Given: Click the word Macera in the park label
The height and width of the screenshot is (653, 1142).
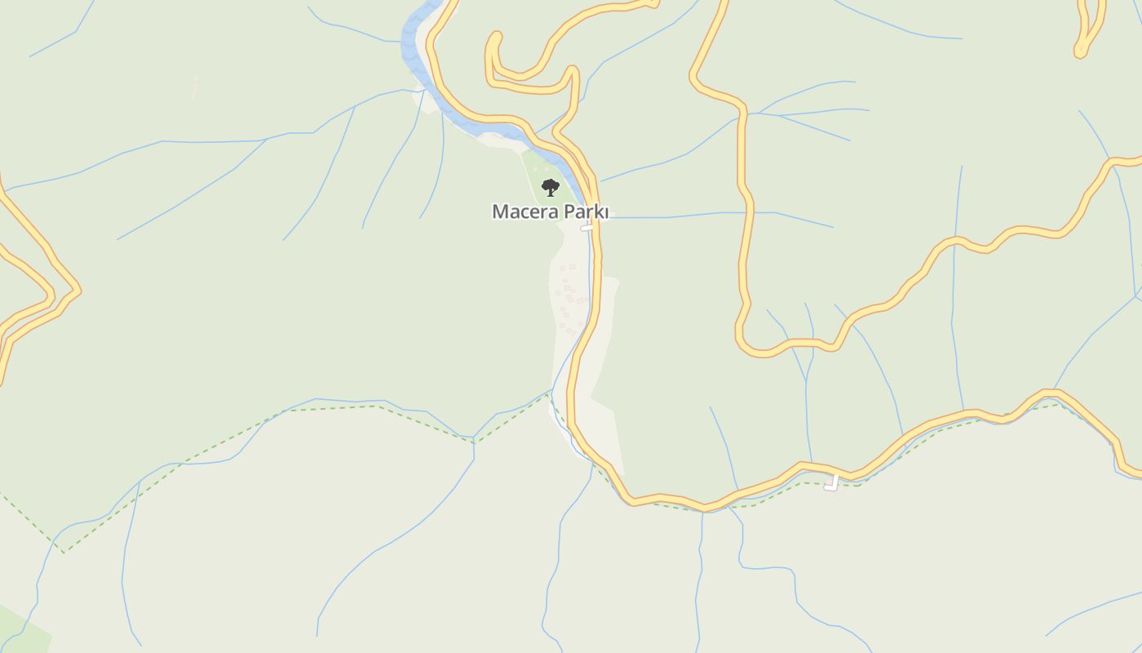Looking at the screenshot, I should [x=522, y=212].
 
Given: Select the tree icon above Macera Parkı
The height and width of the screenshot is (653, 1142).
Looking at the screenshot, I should [x=551, y=188].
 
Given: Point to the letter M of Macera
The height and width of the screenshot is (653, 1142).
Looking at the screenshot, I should [x=500, y=212].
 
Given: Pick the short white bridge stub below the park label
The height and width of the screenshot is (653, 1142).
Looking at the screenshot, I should [x=586, y=229].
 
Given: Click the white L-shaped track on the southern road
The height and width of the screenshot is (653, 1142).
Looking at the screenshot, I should [x=832, y=484].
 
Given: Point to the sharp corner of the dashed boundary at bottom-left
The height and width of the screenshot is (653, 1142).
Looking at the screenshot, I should [x=64, y=553].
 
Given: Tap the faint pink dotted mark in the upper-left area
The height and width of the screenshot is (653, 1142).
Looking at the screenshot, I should [x=194, y=87].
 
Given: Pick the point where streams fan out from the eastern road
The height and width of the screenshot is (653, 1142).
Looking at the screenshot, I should [x=746, y=113].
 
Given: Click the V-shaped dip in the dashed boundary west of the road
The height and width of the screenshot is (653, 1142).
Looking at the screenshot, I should [x=474, y=442].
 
